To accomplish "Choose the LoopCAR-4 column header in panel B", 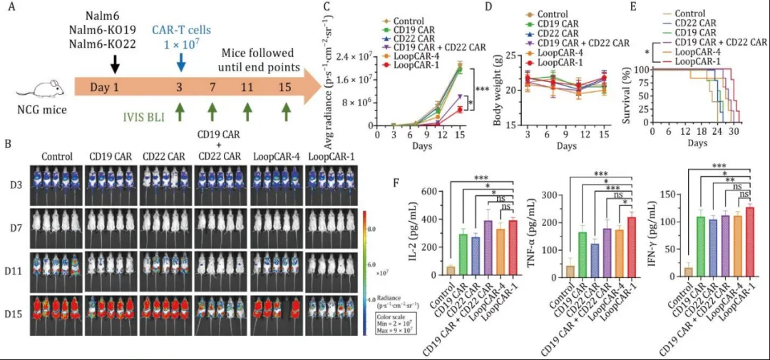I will point(276,156).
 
